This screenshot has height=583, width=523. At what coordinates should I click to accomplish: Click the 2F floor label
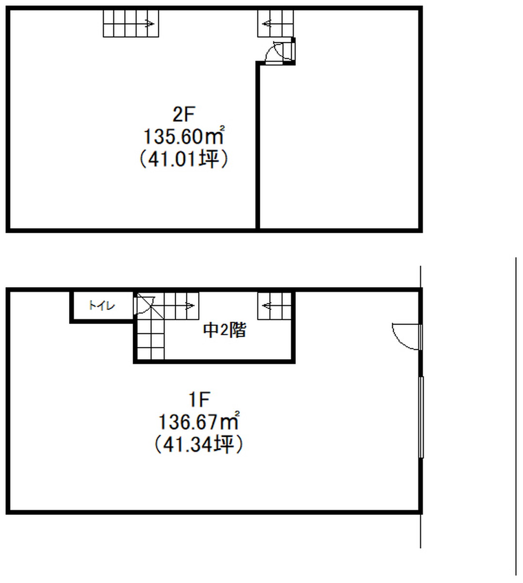point(184,114)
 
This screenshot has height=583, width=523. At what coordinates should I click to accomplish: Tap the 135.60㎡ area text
point(184,136)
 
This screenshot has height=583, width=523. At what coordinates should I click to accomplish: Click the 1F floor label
point(199,399)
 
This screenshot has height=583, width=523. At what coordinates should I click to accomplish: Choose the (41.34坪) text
point(199,445)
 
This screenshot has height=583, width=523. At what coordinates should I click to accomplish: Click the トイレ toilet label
point(102,306)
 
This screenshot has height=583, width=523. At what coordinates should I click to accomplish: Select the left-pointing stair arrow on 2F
point(267,24)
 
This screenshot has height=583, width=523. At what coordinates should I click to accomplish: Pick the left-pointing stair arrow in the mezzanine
point(267,306)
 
